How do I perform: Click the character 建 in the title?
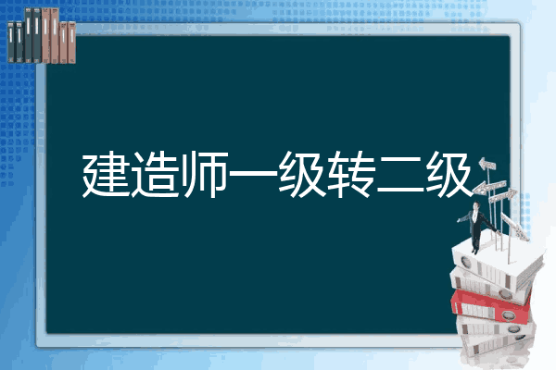[106, 174]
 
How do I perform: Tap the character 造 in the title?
[155, 174]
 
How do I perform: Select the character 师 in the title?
[204, 174]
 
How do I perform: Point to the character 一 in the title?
[253, 174]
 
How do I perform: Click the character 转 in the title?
[351, 174]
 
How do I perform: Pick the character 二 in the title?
[400, 175]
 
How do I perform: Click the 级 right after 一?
[302, 174]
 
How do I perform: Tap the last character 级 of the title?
[449, 174]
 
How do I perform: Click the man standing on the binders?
[476, 226]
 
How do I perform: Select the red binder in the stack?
[491, 306]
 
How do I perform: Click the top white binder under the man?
[497, 263]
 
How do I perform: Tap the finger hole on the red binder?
[508, 314]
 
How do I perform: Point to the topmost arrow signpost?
[487, 164]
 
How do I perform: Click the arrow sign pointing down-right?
[514, 227]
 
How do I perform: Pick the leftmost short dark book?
[11, 42]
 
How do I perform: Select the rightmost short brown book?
[71, 43]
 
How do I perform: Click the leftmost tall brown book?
[45, 35]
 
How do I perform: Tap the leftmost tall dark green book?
[29, 35]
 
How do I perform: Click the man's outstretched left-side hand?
[460, 220]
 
